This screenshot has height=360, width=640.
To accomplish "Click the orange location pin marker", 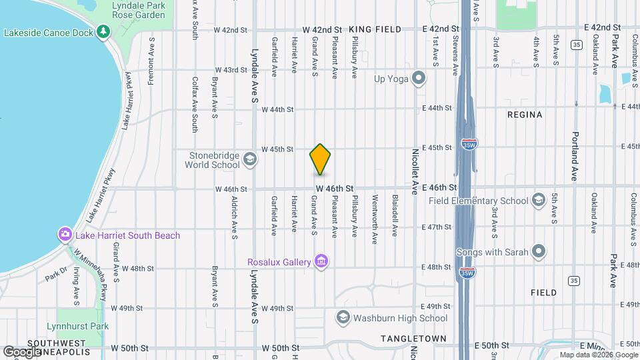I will [x=320, y=159].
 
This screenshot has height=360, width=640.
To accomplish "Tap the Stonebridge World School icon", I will [x=249, y=159].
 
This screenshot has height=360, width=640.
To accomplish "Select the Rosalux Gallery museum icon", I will [x=321, y=261].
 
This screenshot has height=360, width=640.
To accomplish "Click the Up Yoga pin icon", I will [x=419, y=79].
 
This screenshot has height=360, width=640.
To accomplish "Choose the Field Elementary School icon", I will [x=539, y=200].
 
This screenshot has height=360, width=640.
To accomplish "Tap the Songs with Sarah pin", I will [x=539, y=251].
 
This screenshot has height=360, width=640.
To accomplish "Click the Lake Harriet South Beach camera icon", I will [x=65, y=234].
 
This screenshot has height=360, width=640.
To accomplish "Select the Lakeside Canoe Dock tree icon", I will [x=103, y=31].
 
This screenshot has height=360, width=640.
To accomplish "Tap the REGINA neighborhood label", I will [x=525, y=115].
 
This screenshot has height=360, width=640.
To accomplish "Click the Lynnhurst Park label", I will [x=77, y=327].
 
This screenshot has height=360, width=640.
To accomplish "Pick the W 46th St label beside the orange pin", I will [x=334, y=189].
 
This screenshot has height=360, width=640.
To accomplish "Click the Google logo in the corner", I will [x=23, y=351].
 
